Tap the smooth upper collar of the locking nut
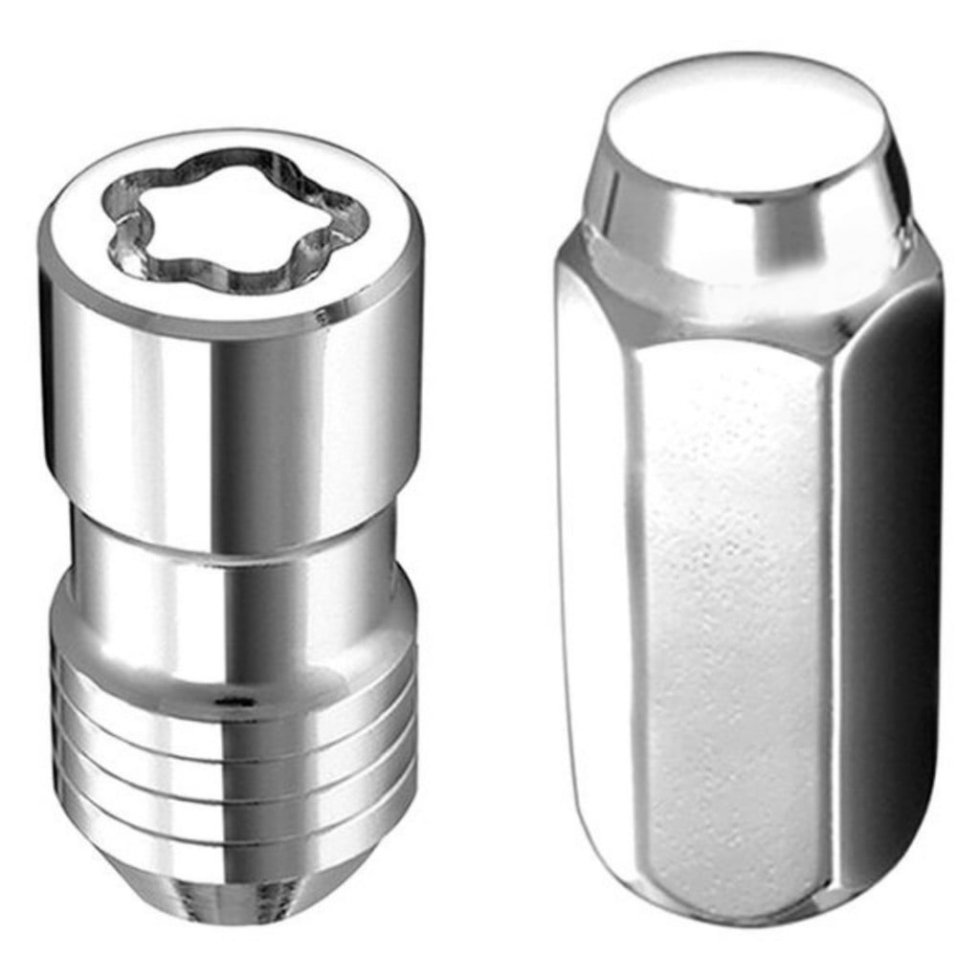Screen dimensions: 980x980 click(230, 412)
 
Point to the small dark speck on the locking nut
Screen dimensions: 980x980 click(227, 702)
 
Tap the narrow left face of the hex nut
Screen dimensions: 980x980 click(593, 574)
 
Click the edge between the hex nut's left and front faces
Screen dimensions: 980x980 click(632, 593)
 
